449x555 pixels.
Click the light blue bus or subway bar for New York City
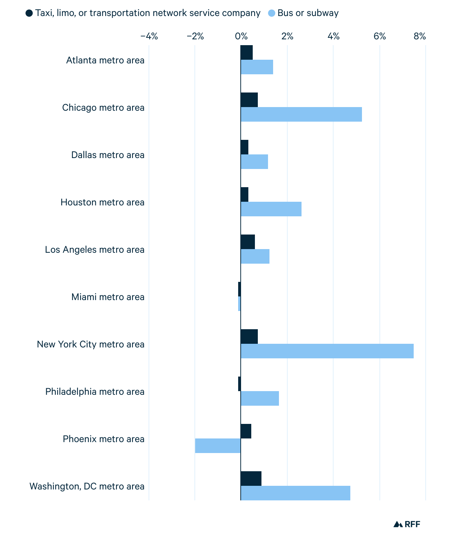click(327, 351)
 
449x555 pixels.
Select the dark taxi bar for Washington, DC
click(251, 479)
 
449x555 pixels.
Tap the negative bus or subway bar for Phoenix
click(218, 446)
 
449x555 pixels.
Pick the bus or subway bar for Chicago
click(301, 114)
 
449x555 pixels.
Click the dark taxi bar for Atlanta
click(247, 52)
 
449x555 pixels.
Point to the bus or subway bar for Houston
click(271, 209)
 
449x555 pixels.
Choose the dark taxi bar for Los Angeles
click(248, 242)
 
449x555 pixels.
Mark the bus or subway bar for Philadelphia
click(260, 398)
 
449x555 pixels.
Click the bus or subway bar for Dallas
click(254, 162)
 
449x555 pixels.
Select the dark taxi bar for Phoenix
click(246, 431)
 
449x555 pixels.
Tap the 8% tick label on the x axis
click(420, 36)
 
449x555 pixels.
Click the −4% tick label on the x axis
click(149, 36)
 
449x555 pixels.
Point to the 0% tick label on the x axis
click(241, 36)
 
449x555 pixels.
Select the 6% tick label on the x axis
click(379, 36)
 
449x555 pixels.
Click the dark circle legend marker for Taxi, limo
click(29, 13)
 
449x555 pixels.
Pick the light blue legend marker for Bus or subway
click(272, 13)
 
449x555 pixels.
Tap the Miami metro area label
click(108, 297)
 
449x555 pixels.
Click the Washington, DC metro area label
click(87, 486)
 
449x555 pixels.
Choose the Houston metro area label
click(102, 202)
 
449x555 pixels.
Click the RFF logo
click(407, 524)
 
